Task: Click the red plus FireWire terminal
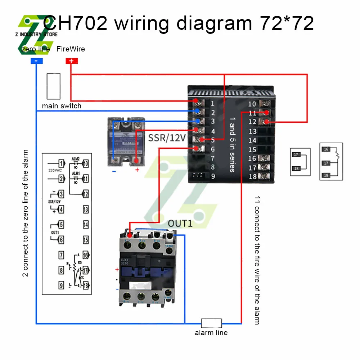71,61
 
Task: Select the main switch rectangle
53,86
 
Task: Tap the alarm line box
211,323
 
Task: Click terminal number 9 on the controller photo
213,176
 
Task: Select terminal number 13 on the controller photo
252,131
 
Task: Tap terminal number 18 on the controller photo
252,176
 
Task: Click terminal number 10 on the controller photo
252,104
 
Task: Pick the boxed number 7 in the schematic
62,255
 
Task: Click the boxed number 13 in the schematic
86,209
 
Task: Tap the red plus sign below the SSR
137,170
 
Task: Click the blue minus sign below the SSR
114,171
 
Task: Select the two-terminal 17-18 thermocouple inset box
300,162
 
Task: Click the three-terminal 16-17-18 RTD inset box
331,162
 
